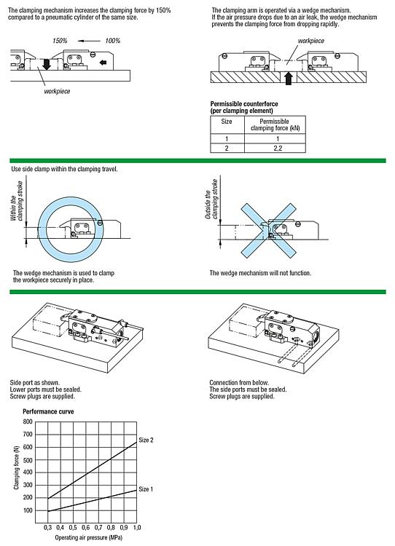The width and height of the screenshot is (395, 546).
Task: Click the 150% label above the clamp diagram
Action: coord(60,41)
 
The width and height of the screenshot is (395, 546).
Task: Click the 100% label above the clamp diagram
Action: coord(113,41)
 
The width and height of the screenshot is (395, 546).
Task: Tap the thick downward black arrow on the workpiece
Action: coord(47,64)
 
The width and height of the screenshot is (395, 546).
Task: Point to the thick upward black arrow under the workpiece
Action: coord(289,79)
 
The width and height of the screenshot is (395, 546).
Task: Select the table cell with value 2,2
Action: coord(278,148)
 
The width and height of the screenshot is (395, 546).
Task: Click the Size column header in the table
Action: coord(227,122)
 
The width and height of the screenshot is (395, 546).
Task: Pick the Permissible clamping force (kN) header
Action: coord(275,124)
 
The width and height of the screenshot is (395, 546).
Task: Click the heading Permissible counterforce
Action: coord(244,104)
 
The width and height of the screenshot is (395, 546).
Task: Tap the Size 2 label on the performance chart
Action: coord(146,440)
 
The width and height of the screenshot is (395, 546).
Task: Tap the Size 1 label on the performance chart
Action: coord(146,489)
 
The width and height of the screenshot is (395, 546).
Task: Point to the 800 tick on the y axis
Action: coord(28,422)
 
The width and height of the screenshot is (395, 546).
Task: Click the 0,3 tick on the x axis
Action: coord(48,528)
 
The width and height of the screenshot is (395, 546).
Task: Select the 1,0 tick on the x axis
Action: coord(137,528)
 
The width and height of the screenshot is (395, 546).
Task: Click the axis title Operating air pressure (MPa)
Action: coord(89,538)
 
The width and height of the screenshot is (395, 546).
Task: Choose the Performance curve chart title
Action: coord(48,411)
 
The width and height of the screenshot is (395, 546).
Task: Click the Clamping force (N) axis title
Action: coord(16,467)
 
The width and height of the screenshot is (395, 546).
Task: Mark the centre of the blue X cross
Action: coord(268,231)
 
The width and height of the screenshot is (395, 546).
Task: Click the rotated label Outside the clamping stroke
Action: coord(211,199)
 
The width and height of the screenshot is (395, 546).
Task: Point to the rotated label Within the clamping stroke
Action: coord(16,201)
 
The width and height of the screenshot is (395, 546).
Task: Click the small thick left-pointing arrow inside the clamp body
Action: coord(103,63)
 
